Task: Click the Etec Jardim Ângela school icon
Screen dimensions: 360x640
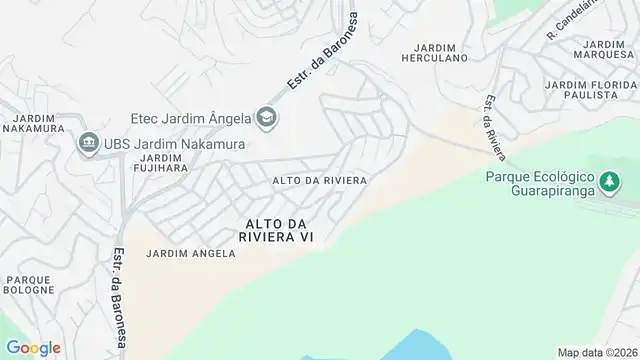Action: tap(267, 118)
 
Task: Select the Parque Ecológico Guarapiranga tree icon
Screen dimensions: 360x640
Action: tap(608, 181)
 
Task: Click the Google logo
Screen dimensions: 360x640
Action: tap(33, 347)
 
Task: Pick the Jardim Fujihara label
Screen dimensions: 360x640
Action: tap(166, 164)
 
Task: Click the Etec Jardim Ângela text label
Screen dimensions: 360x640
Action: tap(190, 118)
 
